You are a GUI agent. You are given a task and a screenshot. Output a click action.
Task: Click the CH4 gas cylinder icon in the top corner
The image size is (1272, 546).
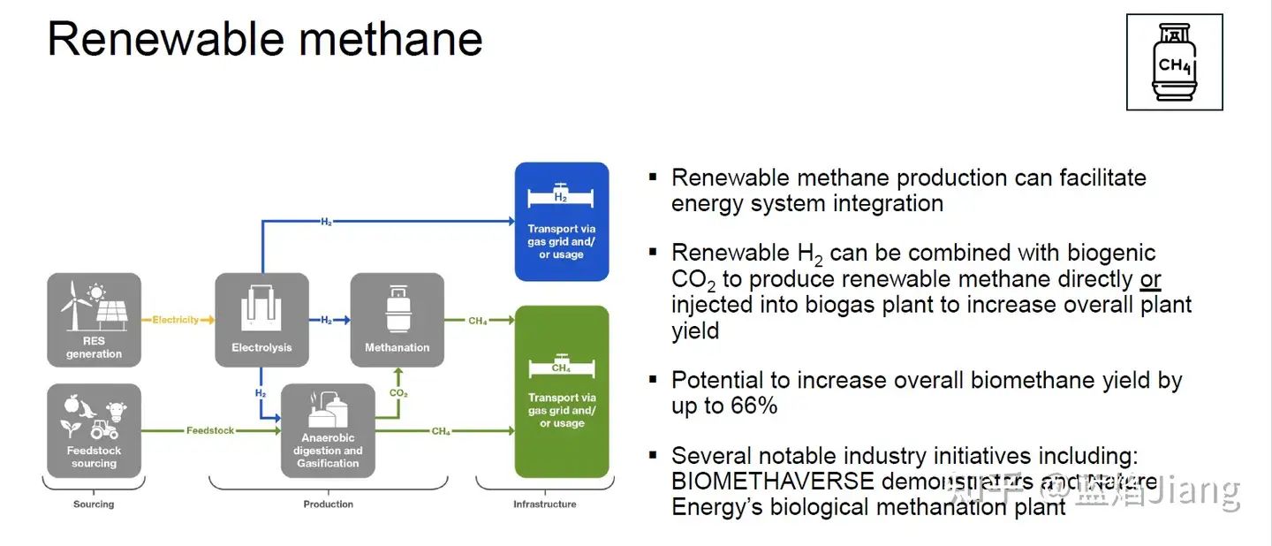click(x=1174, y=62)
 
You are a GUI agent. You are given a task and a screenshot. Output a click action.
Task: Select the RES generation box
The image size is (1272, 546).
click(x=94, y=320)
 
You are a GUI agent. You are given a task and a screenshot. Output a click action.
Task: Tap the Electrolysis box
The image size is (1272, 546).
click(x=261, y=320)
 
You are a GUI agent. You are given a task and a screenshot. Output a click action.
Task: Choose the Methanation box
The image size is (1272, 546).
click(x=397, y=320)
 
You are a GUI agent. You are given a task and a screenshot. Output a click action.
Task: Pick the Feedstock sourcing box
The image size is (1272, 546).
click(x=94, y=430)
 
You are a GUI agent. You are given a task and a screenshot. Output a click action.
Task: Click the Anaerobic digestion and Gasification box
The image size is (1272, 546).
click(x=328, y=430)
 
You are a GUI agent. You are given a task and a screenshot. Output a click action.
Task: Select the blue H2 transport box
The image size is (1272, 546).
click(x=562, y=222)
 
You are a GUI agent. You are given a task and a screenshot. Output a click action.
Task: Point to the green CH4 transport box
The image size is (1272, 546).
click(x=562, y=391)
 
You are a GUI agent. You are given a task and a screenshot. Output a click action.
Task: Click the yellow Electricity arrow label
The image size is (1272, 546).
click(x=176, y=320)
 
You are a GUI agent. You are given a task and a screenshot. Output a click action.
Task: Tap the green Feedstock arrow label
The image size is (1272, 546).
click(x=210, y=431)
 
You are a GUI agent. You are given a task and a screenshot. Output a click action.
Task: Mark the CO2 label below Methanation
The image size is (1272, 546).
click(x=397, y=392)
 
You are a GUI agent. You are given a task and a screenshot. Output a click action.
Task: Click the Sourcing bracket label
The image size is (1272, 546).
click(x=94, y=504)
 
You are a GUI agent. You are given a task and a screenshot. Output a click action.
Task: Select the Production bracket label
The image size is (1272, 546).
click(x=328, y=504)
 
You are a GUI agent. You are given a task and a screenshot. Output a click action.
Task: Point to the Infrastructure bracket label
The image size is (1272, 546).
click(x=545, y=504)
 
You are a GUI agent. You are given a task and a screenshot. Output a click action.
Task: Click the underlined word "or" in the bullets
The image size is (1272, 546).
click(x=1150, y=279)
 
